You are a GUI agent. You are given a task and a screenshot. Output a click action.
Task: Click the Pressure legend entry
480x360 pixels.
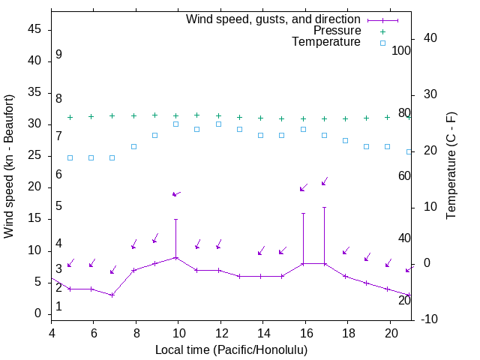337,31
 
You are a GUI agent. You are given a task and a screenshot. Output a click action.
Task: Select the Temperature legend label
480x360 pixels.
326,42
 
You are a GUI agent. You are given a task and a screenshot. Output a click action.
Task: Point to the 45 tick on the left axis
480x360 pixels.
34,29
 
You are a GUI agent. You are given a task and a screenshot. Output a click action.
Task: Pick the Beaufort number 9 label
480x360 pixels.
58,55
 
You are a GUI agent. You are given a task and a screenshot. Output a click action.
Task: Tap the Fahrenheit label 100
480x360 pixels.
402,50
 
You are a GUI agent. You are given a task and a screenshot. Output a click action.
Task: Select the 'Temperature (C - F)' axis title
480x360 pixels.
451,166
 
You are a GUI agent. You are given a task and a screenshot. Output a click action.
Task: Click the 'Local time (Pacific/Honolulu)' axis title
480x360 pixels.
232,349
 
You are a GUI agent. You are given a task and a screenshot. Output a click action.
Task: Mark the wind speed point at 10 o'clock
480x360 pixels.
176,257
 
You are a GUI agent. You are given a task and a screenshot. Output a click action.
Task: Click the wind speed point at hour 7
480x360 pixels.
112,295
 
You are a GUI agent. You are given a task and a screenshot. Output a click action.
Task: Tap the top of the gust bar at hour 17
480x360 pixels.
325,207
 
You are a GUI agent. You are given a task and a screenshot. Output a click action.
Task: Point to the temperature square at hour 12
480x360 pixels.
218,124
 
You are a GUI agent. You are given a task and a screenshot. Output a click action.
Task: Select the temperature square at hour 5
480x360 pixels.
70,157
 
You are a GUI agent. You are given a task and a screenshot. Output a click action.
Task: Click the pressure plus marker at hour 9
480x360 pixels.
154,115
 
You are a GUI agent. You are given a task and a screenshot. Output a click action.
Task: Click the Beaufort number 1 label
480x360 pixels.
58,307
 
